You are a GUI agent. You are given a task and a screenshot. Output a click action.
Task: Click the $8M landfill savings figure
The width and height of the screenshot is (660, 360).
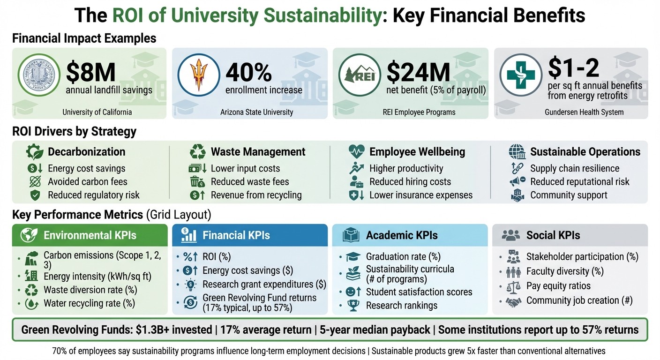(91, 72)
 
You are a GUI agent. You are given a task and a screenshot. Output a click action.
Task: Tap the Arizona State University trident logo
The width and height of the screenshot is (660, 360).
(198, 75)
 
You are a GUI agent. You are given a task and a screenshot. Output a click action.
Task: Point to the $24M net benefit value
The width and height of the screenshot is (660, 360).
(419, 72)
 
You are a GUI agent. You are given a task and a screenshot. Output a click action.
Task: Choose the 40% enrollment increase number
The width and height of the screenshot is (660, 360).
(248, 72)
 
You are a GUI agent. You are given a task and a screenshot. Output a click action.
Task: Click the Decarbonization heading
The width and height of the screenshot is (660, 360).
(86, 152)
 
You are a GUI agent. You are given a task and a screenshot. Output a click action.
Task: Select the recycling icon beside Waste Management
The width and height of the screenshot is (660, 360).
(197, 152)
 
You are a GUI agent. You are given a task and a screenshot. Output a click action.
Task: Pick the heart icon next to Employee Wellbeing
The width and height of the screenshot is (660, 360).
(356, 152)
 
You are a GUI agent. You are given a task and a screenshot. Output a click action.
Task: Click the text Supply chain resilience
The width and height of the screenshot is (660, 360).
(575, 168)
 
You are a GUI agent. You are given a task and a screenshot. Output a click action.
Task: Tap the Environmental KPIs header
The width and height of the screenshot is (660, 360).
(90, 235)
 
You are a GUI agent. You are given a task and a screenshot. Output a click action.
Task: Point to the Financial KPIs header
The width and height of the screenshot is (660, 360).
(236, 235)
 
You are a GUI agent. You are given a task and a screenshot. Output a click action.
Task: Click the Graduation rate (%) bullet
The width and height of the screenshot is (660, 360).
(403, 256)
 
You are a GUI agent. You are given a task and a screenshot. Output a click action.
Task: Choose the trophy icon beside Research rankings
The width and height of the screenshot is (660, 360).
(352, 306)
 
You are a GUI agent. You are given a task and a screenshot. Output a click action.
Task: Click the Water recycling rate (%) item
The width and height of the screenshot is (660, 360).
(89, 303)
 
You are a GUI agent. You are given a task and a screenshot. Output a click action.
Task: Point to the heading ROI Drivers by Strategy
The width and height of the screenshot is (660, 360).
(74, 132)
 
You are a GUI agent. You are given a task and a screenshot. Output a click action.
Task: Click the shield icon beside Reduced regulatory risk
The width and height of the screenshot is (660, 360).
(35, 195)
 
